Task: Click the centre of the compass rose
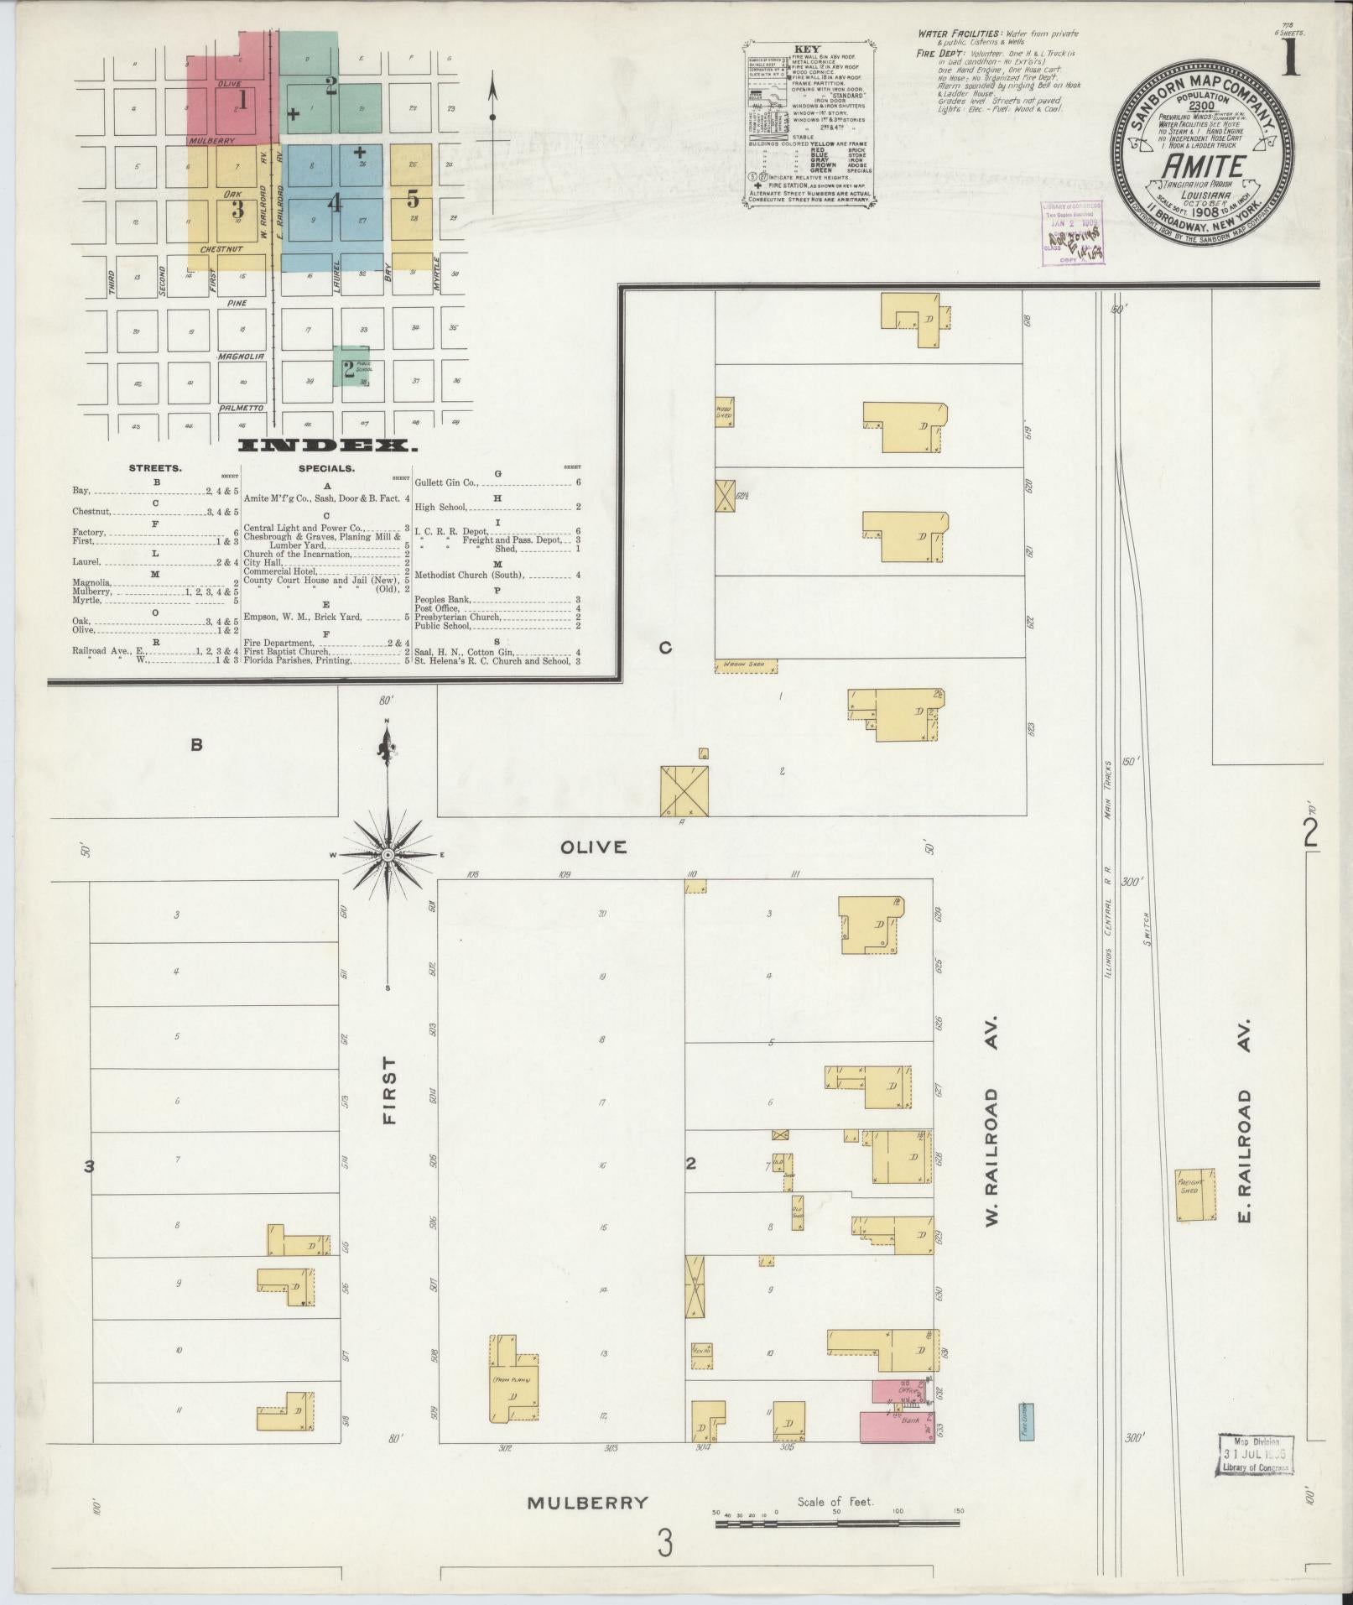pyautogui.click(x=388, y=854)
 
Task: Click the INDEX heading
pyautogui.click(x=327, y=446)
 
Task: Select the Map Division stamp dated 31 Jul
pyautogui.click(x=1254, y=1454)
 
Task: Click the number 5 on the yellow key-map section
pyautogui.click(x=413, y=200)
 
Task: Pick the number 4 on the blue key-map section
pyautogui.click(x=335, y=203)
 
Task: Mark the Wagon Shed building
pyautogui.click(x=746, y=665)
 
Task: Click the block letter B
pyautogui.click(x=196, y=744)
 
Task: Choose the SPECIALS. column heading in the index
pyautogui.click(x=325, y=468)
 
